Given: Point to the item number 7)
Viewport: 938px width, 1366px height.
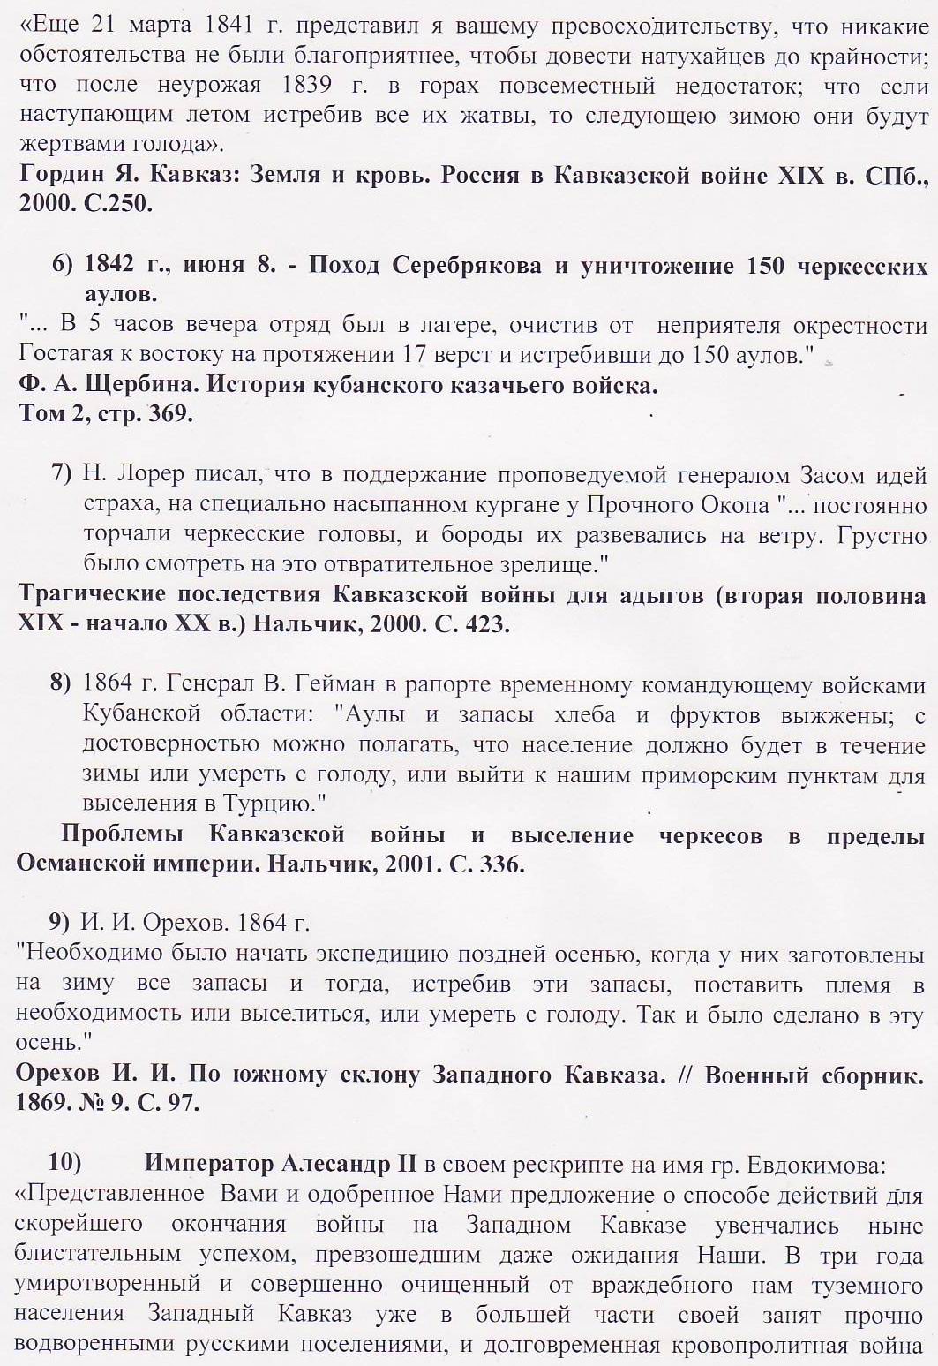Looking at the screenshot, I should click(63, 473).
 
